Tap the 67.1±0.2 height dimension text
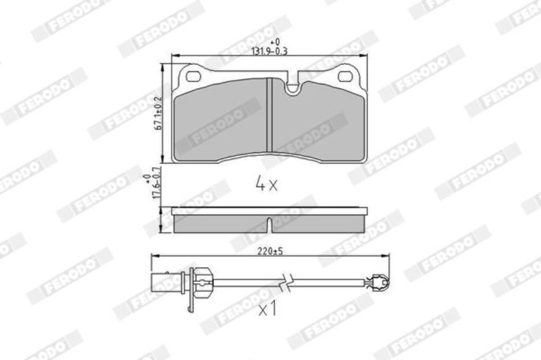click(159, 113)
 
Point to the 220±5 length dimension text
click(270, 251)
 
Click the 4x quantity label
click(266, 184)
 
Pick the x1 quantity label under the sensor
click(268, 309)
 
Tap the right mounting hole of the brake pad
click(346, 76)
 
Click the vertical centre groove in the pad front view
click(269, 115)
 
